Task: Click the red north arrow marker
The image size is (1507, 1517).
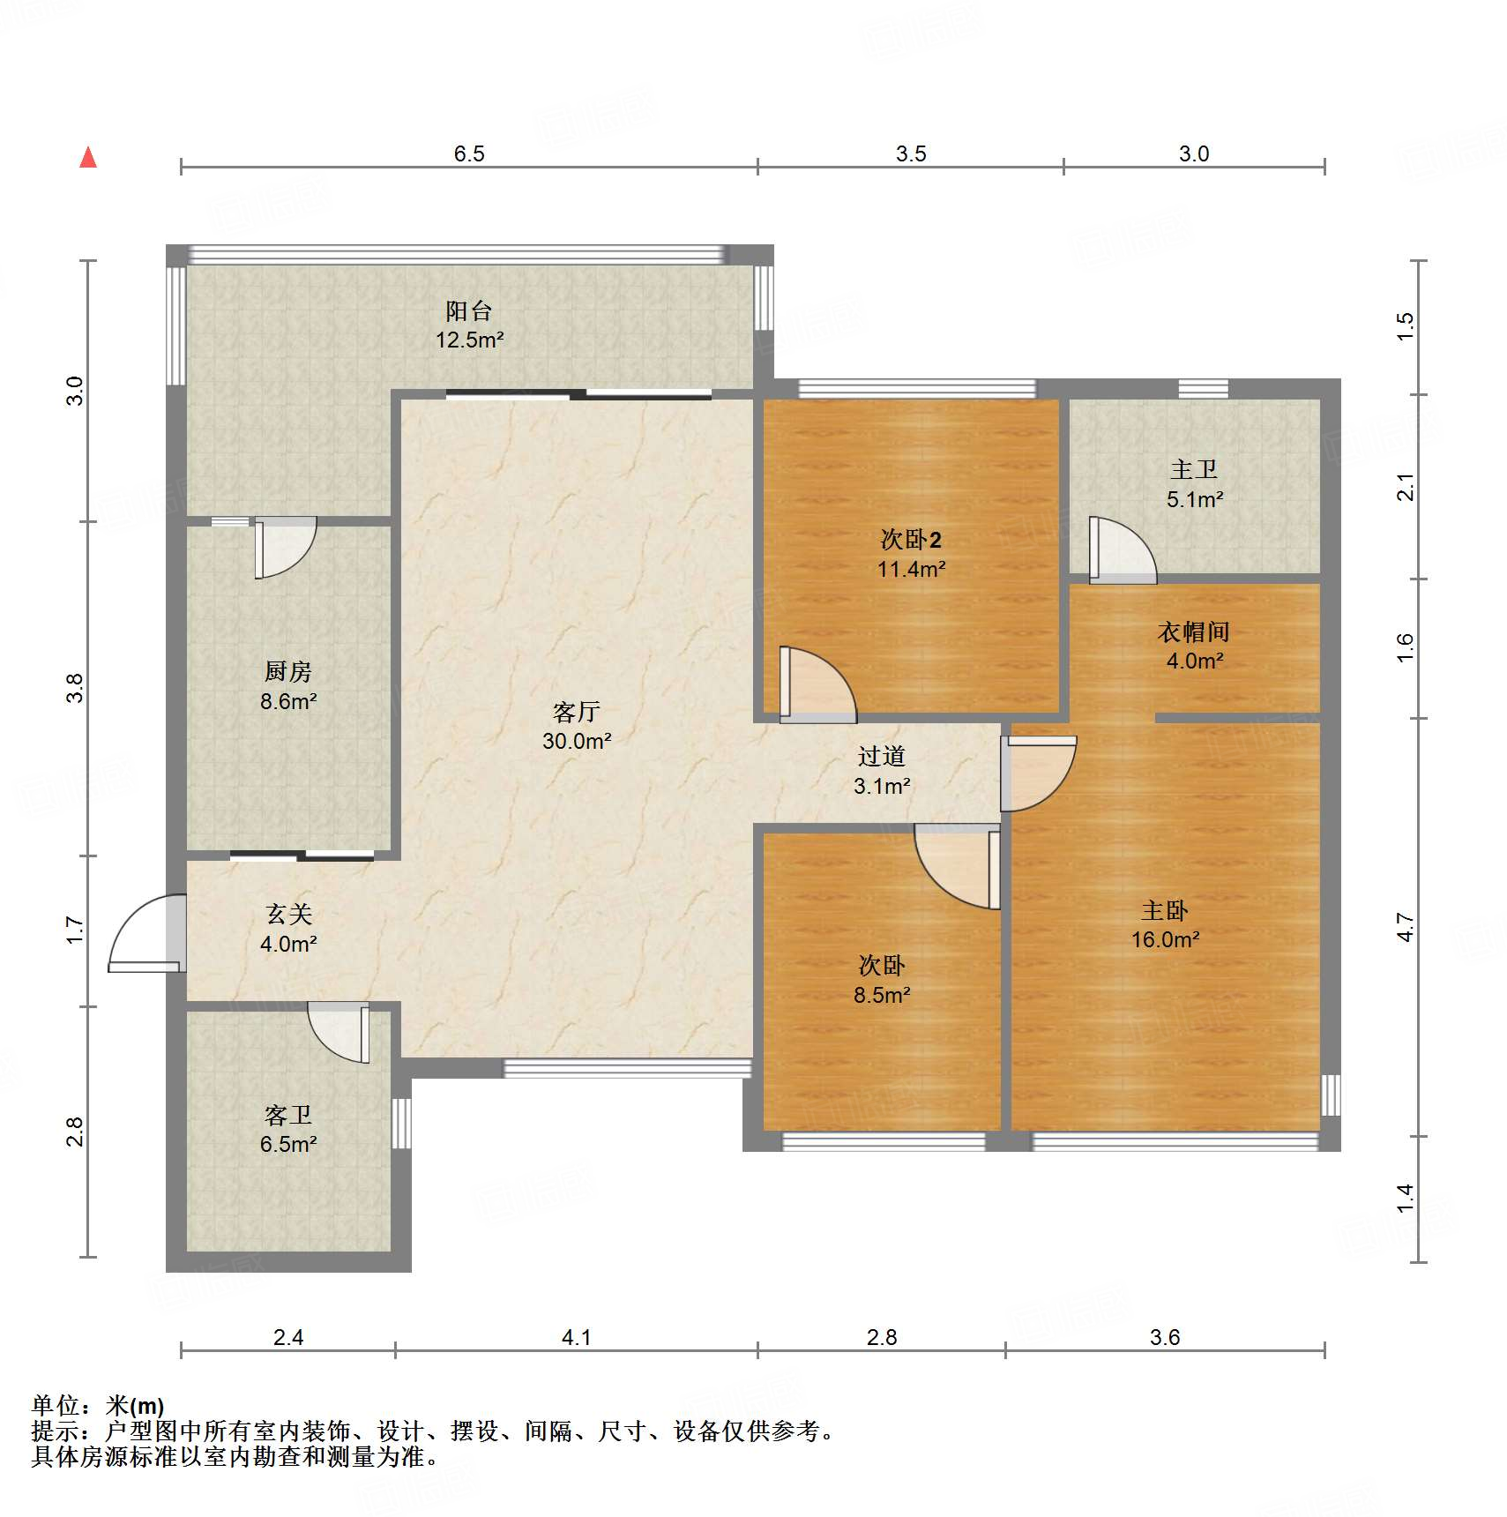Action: tap(88, 157)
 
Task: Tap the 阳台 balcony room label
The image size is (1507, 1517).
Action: tap(468, 310)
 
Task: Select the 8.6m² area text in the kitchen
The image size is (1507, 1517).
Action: tap(288, 701)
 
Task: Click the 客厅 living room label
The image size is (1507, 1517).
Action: tap(577, 712)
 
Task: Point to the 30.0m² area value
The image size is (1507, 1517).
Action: tap(577, 741)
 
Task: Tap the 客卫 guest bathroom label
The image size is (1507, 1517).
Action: tap(288, 1116)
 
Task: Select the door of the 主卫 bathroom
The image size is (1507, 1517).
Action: tap(1123, 549)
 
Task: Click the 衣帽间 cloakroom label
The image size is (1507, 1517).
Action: tap(1194, 631)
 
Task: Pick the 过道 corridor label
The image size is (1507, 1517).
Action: tap(882, 756)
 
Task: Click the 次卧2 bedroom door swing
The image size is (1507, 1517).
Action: tap(817, 685)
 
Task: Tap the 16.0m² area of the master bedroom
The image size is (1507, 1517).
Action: tap(1166, 939)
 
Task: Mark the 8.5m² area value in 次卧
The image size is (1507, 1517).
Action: tap(882, 995)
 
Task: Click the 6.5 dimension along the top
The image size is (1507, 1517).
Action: tap(469, 153)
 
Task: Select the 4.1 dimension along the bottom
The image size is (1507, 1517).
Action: tap(577, 1337)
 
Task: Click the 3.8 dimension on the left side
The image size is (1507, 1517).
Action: tap(76, 688)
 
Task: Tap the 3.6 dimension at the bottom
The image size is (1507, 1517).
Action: tap(1165, 1337)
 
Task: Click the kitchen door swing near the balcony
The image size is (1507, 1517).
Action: tap(285, 548)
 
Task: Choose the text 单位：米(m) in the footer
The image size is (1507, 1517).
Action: tap(98, 1405)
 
